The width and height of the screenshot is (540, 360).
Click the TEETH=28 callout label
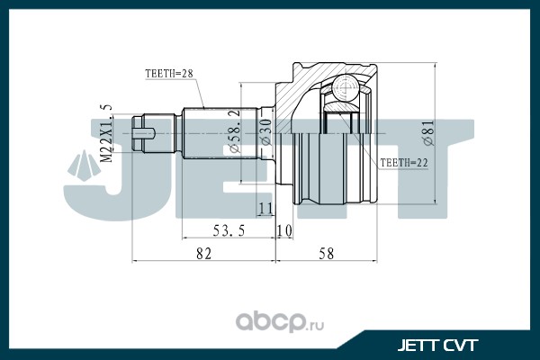(x=169, y=74)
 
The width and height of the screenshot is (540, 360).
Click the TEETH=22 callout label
(x=404, y=163)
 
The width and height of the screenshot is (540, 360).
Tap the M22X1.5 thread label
(x=107, y=133)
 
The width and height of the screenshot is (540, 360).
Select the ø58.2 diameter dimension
(x=234, y=130)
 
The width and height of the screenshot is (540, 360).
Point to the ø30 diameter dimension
(x=265, y=132)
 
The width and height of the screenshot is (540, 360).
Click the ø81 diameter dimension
(x=429, y=133)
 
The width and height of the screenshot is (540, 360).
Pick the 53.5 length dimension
(x=229, y=230)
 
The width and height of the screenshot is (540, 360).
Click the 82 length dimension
(x=203, y=254)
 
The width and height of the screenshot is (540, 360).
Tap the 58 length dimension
(x=326, y=254)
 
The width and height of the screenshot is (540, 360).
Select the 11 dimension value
(x=265, y=209)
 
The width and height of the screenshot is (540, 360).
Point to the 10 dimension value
(x=284, y=230)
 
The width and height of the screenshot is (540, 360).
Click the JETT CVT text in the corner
(x=437, y=346)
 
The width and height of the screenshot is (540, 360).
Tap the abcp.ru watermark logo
(x=280, y=322)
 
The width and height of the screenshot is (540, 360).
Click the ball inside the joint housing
(x=346, y=87)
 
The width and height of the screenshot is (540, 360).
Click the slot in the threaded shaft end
(x=144, y=133)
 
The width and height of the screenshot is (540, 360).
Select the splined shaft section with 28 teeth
(x=220, y=133)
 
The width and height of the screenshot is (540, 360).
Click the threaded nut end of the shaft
(x=138, y=133)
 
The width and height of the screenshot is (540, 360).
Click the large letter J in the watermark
(x=98, y=170)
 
